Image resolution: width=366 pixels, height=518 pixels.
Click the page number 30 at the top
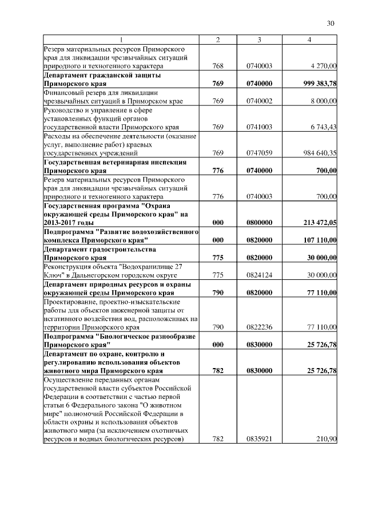click(330, 23)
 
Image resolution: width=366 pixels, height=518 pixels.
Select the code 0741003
click(259, 127)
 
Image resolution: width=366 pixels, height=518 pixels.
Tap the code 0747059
click(259, 153)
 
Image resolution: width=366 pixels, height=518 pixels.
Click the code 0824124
click(259, 275)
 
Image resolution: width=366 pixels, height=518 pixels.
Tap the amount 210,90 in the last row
click(327, 440)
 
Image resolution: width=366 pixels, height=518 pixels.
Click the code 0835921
click(259, 440)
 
